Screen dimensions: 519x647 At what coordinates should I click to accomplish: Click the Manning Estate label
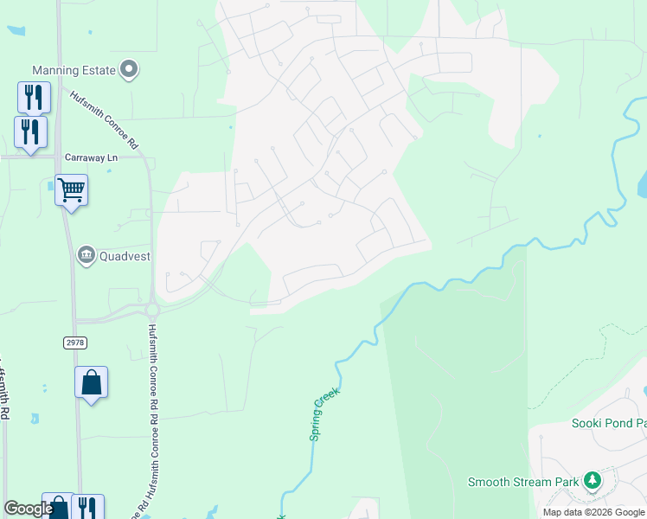74,70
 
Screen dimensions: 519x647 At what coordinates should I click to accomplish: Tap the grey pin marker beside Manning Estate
130,69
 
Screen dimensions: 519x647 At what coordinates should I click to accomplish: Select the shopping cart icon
71,189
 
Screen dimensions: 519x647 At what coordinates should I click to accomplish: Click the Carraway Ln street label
91,157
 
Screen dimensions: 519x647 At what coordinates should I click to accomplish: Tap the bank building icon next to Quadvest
86,254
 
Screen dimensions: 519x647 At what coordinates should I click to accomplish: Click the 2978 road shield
75,343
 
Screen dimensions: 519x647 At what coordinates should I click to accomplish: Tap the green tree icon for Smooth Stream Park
592,480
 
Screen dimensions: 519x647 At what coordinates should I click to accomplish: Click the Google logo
29,509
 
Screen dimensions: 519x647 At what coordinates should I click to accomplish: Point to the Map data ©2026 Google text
593,512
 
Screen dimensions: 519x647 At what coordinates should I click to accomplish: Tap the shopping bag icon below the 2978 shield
91,382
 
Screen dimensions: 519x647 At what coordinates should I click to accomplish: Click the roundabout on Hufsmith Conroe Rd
152,308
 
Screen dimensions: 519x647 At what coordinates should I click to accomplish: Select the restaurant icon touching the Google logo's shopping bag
87,508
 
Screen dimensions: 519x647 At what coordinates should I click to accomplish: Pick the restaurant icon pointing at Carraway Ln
30,133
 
